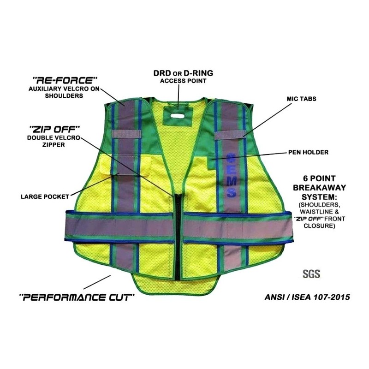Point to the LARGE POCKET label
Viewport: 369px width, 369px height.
(x=44, y=196)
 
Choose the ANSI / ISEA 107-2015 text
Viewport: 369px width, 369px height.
(x=308, y=298)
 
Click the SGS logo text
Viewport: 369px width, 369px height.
(x=311, y=273)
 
